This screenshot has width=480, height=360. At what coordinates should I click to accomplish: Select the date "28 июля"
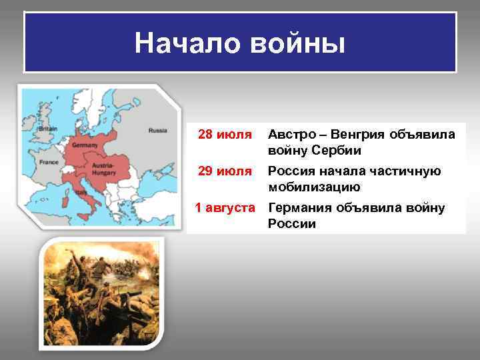(225, 135)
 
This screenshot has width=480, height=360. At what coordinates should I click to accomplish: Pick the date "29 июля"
(225, 172)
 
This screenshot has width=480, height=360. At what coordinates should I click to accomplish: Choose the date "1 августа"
(225, 208)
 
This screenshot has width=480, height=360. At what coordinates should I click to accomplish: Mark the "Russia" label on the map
(157, 130)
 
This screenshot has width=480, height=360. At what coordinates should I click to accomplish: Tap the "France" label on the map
(49, 161)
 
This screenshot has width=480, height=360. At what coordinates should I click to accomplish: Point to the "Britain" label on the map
(48, 128)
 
